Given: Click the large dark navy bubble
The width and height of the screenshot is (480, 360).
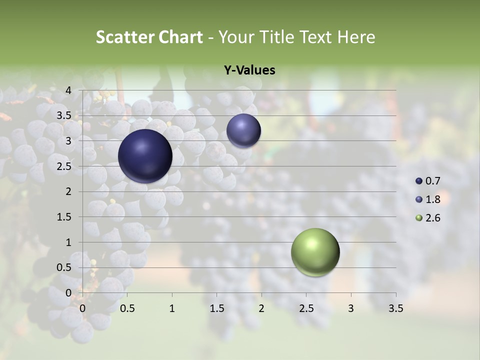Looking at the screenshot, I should tap(145, 156).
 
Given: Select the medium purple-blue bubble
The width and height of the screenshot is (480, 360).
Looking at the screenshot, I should tap(243, 130).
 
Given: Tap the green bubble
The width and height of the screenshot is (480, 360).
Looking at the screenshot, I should tap(315, 252).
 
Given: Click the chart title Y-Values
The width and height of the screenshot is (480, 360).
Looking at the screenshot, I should tap(249, 70).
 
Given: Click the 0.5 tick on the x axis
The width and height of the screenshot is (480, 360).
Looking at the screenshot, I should tap(127, 308).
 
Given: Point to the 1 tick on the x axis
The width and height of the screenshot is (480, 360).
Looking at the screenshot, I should tap(172, 308).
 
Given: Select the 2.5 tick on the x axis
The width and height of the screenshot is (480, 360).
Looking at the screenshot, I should tap(306, 308).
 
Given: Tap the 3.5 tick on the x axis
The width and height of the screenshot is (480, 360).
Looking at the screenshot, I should tap(395, 308).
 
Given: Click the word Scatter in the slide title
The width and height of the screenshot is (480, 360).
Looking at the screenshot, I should tap(125, 37).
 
